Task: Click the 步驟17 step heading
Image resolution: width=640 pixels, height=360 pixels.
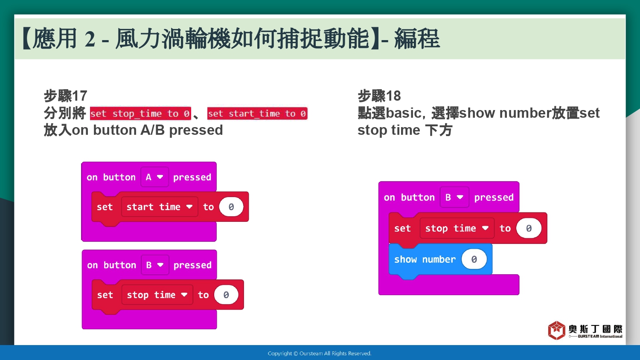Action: (x=65, y=96)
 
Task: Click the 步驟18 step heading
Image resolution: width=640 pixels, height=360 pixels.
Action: (x=379, y=96)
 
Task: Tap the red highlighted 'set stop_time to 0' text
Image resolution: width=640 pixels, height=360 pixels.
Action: (x=140, y=113)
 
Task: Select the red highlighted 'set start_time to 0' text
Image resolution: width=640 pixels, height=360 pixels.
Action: (x=257, y=113)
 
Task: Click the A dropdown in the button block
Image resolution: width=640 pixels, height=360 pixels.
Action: (x=154, y=177)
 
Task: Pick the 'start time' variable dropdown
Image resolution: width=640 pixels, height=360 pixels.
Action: (x=160, y=206)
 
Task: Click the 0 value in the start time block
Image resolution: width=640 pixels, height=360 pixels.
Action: (x=231, y=206)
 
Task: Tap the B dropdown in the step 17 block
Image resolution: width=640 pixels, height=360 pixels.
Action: (x=155, y=265)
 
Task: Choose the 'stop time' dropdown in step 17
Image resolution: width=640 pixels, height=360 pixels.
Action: (x=157, y=295)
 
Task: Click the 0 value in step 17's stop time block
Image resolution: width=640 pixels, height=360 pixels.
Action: (x=226, y=295)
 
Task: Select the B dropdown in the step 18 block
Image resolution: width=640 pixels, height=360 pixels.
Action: (x=454, y=197)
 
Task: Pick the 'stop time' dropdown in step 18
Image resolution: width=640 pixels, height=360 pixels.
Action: (x=457, y=228)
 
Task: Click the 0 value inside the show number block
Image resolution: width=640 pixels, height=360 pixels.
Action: (x=474, y=259)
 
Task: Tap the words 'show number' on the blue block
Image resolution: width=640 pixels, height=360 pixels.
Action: (x=425, y=259)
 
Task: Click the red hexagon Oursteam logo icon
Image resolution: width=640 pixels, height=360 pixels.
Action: (x=556, y=330)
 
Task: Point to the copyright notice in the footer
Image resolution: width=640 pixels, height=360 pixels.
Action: (x=320, y=354)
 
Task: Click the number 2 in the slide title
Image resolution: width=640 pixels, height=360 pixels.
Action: (x=90, y=39)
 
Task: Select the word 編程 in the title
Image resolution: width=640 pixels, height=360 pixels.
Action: (x=417, y=39)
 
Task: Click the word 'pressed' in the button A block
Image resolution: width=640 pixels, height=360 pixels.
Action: (x=192, y=177)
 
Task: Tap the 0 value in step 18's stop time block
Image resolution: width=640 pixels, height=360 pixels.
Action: (x=529, y=228)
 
